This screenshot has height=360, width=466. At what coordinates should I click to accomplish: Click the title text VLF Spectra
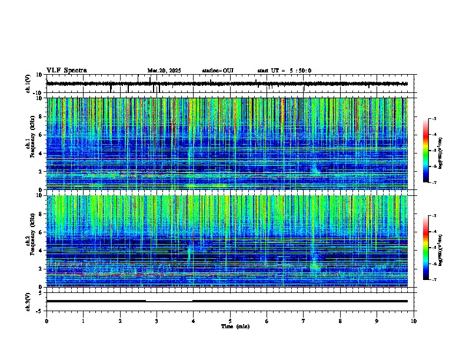[x=66, y=71]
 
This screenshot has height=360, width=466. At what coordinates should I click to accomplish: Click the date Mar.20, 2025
[x=164, y=71]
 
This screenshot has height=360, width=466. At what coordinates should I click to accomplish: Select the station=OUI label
[x=218, y=71]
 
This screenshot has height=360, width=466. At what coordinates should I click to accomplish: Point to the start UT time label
[x=284, y=71]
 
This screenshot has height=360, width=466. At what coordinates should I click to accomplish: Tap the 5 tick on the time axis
[x=230, y=321]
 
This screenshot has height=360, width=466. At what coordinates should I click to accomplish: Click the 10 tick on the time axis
[x=414, y=321]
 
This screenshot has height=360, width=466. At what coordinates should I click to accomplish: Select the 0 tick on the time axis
[x=46, y=321]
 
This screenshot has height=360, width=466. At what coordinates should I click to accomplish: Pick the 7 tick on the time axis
[x=304, y=321]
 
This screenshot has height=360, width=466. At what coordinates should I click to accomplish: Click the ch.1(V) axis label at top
[x=28, y=84]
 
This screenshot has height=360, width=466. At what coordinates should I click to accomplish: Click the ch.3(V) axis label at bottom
[x=28, y=301]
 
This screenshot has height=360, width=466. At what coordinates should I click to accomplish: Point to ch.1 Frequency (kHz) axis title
[x=29, y=144]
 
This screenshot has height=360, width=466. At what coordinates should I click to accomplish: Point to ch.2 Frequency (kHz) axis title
[x=29, y=241]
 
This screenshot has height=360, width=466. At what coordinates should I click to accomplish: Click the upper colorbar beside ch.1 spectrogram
[x=425, y=151]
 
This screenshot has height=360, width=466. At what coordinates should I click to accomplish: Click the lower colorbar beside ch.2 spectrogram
[x=425, y=248]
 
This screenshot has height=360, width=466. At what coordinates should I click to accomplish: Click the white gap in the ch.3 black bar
[x=169, y=301]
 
